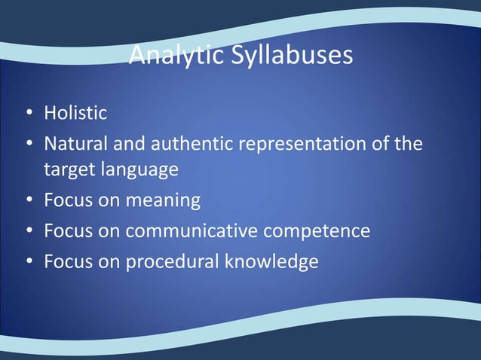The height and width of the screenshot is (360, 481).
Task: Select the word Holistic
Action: tap(75, 114)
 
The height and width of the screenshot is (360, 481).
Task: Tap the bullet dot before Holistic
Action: tap(28, 114)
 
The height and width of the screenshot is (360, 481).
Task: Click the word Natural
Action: tap(75, 142)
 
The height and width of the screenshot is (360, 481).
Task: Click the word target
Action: tap(66, 169)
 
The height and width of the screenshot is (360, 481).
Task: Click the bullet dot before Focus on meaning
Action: tap(28, 201)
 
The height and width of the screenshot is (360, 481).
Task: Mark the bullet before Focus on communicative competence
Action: tap(28, 230)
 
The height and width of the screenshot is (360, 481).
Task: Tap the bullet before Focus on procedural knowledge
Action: tap(28, 261)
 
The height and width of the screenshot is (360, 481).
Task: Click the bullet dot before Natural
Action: tap(28, 143)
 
